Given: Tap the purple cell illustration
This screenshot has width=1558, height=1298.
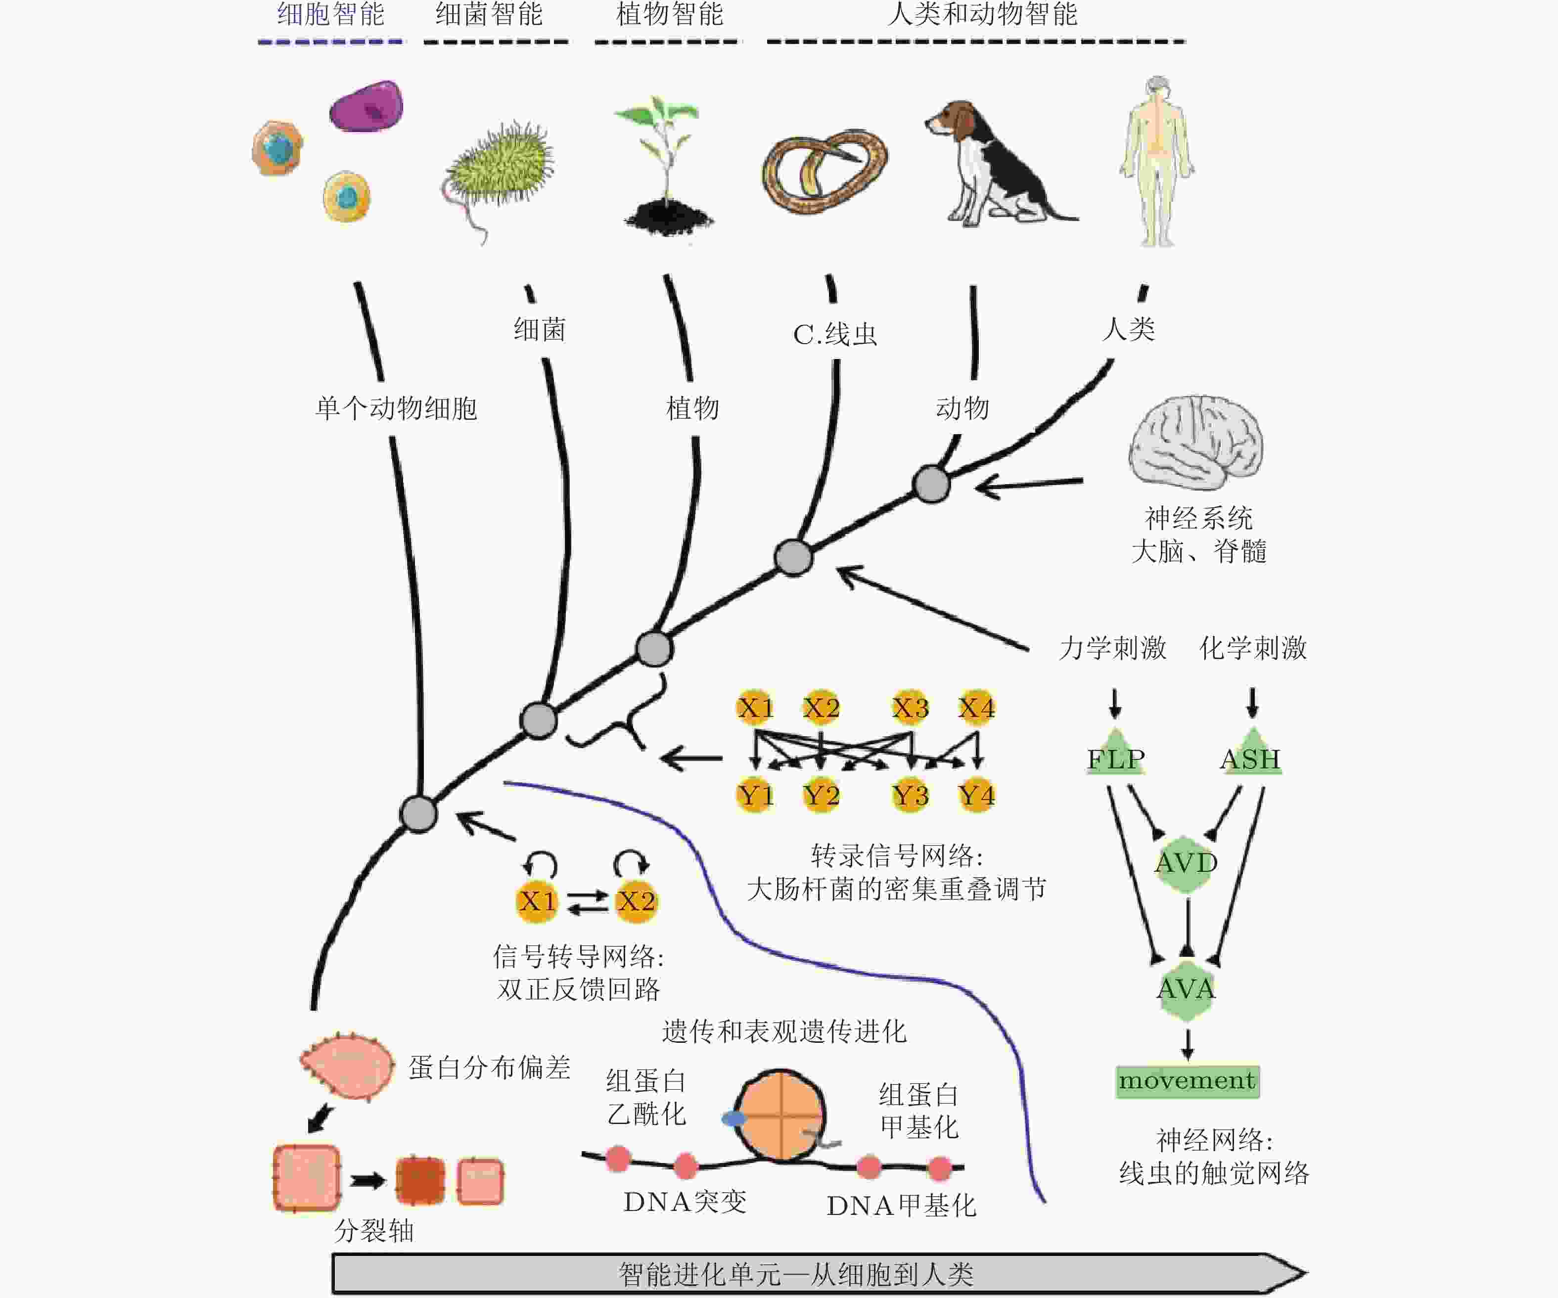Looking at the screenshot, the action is [367, 106].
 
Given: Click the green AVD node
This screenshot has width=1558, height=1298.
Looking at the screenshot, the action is [1186, 862].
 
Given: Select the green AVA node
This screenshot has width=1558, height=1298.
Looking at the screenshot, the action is [1186, 989].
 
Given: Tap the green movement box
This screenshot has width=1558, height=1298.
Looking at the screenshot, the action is [1187, 1081].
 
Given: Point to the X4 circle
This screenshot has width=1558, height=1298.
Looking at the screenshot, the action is [976, 708].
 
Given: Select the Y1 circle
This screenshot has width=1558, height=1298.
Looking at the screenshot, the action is [755, 796].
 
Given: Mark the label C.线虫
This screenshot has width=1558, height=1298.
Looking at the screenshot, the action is [835, 334].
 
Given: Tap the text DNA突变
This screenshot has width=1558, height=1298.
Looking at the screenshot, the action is [685, 1202].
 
